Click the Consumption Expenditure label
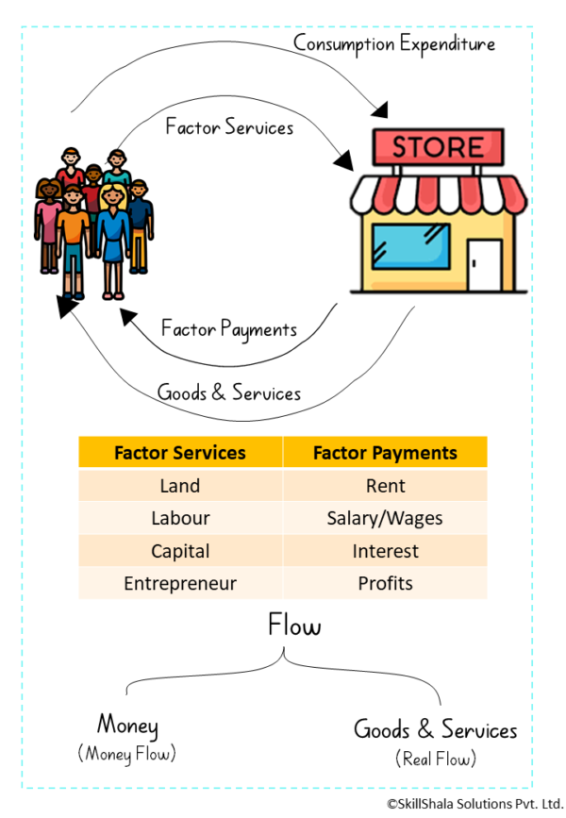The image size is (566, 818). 393,43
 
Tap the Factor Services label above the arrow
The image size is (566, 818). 228,125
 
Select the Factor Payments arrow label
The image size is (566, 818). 229,328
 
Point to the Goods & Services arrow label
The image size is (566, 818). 229,392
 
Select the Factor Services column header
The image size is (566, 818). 179,453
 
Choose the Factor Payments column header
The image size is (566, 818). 385,453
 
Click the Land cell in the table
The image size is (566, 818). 179,486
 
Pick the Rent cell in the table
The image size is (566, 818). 385,486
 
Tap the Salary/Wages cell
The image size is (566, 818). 385,518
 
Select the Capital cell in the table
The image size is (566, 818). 179,551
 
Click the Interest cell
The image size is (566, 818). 385,551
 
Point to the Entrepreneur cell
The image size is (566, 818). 179,583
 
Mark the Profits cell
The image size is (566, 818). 385,583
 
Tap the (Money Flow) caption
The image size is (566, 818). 127,754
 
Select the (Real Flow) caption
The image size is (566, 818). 436,758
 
